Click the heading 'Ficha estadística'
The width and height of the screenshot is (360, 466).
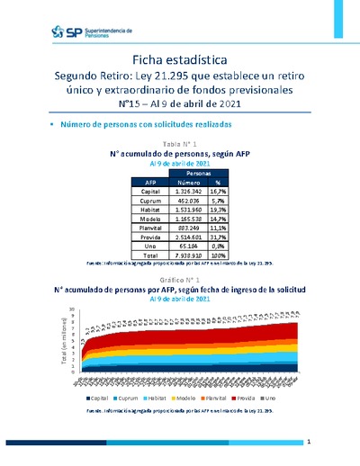[x=179, y=58]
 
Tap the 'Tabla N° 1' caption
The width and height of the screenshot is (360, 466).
[x=179, y=144]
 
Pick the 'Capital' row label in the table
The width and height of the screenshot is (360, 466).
[x=153, y=192]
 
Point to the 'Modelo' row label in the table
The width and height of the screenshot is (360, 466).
[x=153, y=222]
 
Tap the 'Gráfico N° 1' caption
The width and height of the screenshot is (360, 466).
[x=179, y=281]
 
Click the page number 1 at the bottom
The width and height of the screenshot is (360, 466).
[x=308, y=443]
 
